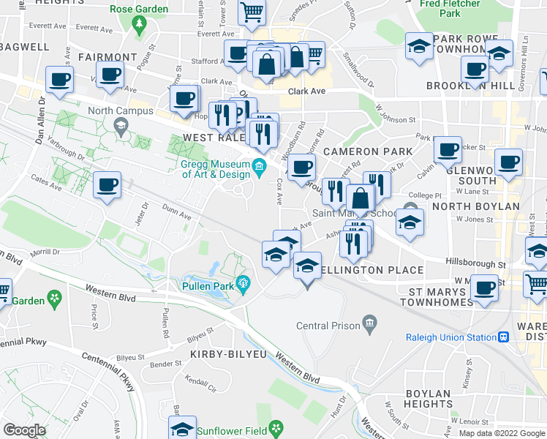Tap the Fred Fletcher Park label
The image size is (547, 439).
(450, 9)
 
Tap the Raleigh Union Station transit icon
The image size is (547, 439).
(503, 337)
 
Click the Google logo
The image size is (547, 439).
(24, 430)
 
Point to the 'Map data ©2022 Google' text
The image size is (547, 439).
(502, 433)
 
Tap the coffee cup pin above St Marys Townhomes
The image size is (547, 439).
(484, 287)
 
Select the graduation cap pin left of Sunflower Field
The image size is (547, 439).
(182, 428)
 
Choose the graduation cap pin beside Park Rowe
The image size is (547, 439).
(419, 45)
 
